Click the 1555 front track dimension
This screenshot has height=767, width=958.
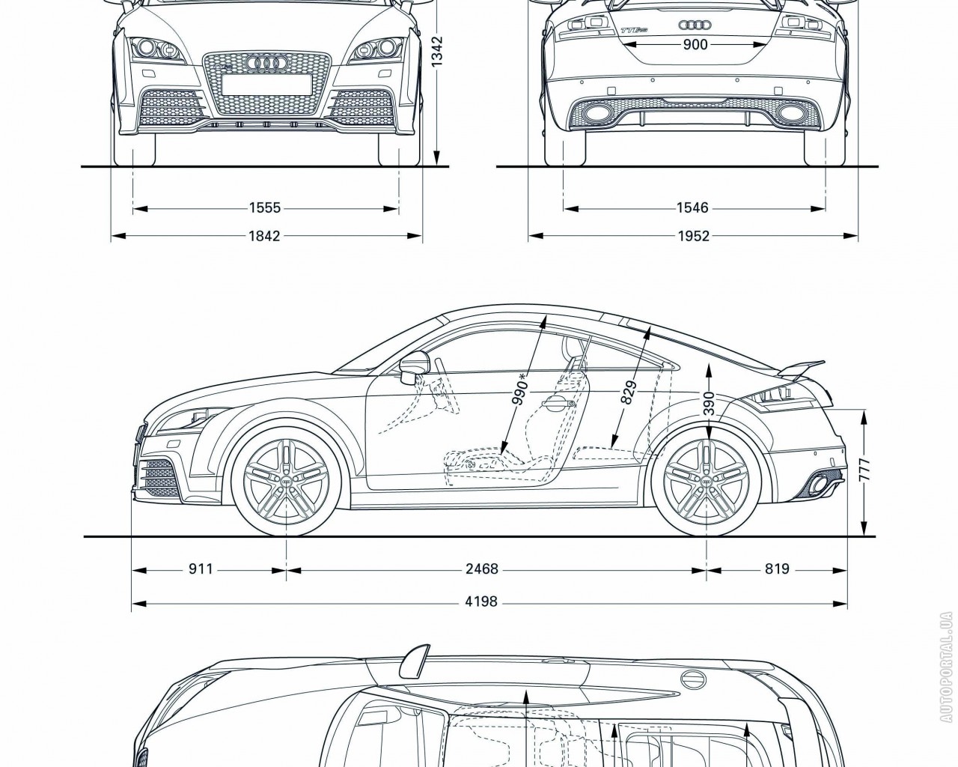266,208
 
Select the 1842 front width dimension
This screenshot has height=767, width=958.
264,236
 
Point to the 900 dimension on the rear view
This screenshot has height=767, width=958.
695,45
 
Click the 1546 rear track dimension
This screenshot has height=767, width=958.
693,208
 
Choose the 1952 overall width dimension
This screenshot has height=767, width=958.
694,236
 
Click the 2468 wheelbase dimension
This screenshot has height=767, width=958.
481,569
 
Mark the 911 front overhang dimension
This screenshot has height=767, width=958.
200,569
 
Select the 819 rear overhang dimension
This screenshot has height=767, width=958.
777,569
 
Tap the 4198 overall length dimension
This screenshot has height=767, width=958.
480,601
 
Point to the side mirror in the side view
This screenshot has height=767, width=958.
413,366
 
